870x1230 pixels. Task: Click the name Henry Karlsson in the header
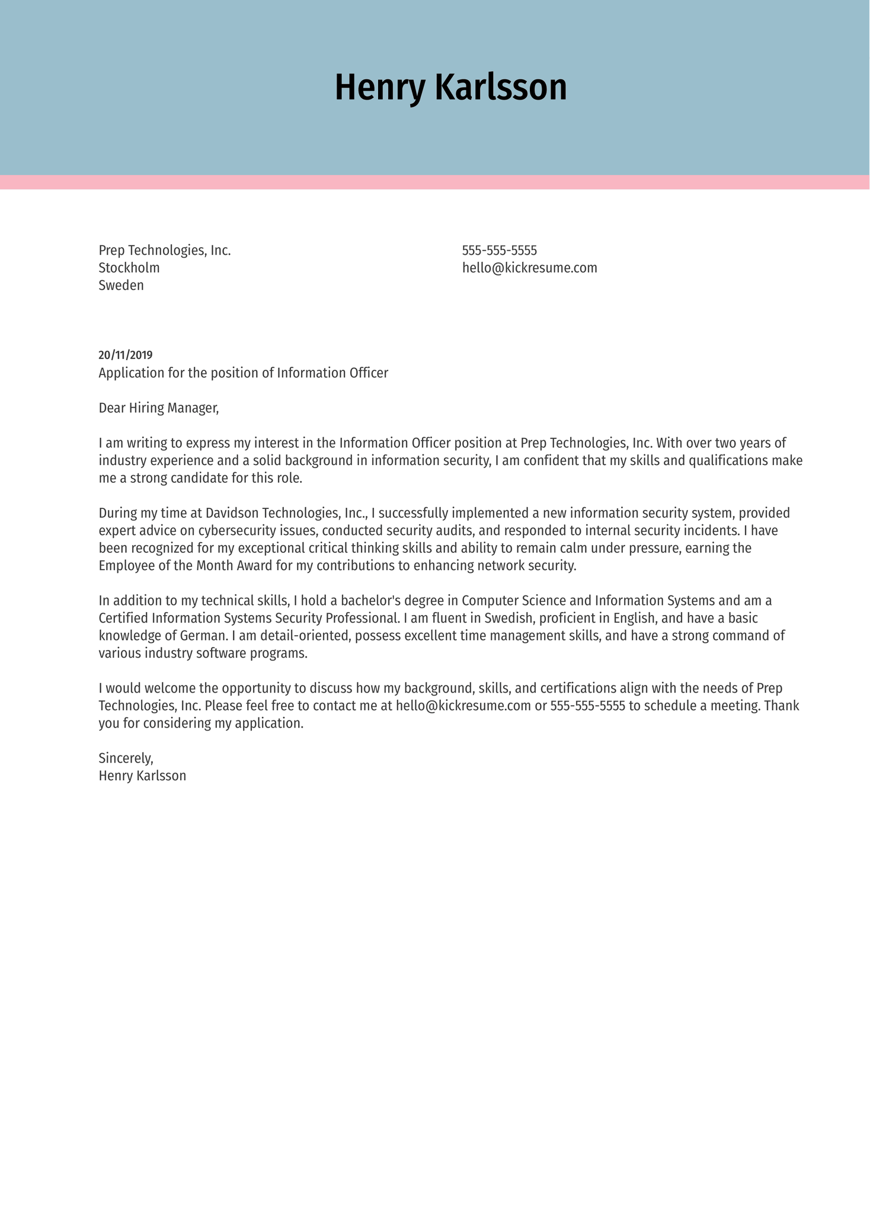(450, 88)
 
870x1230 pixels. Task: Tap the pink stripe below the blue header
(435, 182)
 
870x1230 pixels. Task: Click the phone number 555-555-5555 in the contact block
(499, 251)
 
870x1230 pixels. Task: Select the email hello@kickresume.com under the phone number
(529, 268)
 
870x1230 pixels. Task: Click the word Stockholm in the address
(129, 268)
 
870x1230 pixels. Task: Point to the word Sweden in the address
(121, 286)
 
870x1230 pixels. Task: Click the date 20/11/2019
(126, 355)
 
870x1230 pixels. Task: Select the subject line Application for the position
(243, 373)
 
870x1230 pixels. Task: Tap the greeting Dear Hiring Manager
(158, 408)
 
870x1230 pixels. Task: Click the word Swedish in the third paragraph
(508, 619)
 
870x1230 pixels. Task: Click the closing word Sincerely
(126, 758)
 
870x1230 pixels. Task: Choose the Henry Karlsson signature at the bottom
(142, 776)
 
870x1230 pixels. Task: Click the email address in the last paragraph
(463, 706)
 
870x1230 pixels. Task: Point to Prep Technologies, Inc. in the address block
(164, 251)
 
